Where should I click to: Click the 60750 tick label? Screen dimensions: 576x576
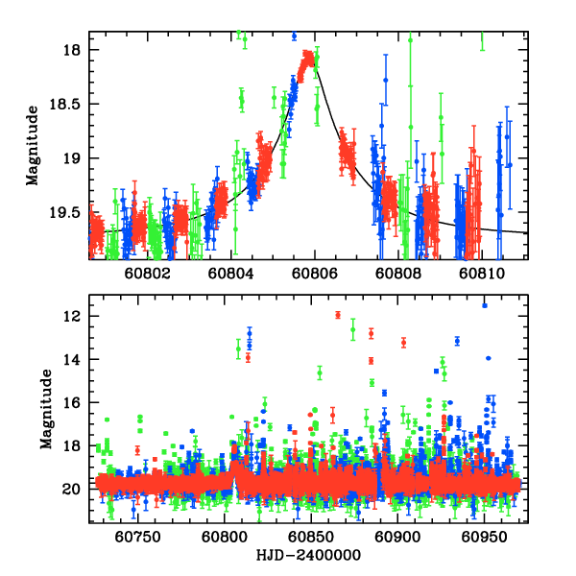[x=135, y=538]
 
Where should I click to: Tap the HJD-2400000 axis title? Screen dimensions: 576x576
[x=307, y=556]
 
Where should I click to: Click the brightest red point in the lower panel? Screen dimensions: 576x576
[x=337, y=315]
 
